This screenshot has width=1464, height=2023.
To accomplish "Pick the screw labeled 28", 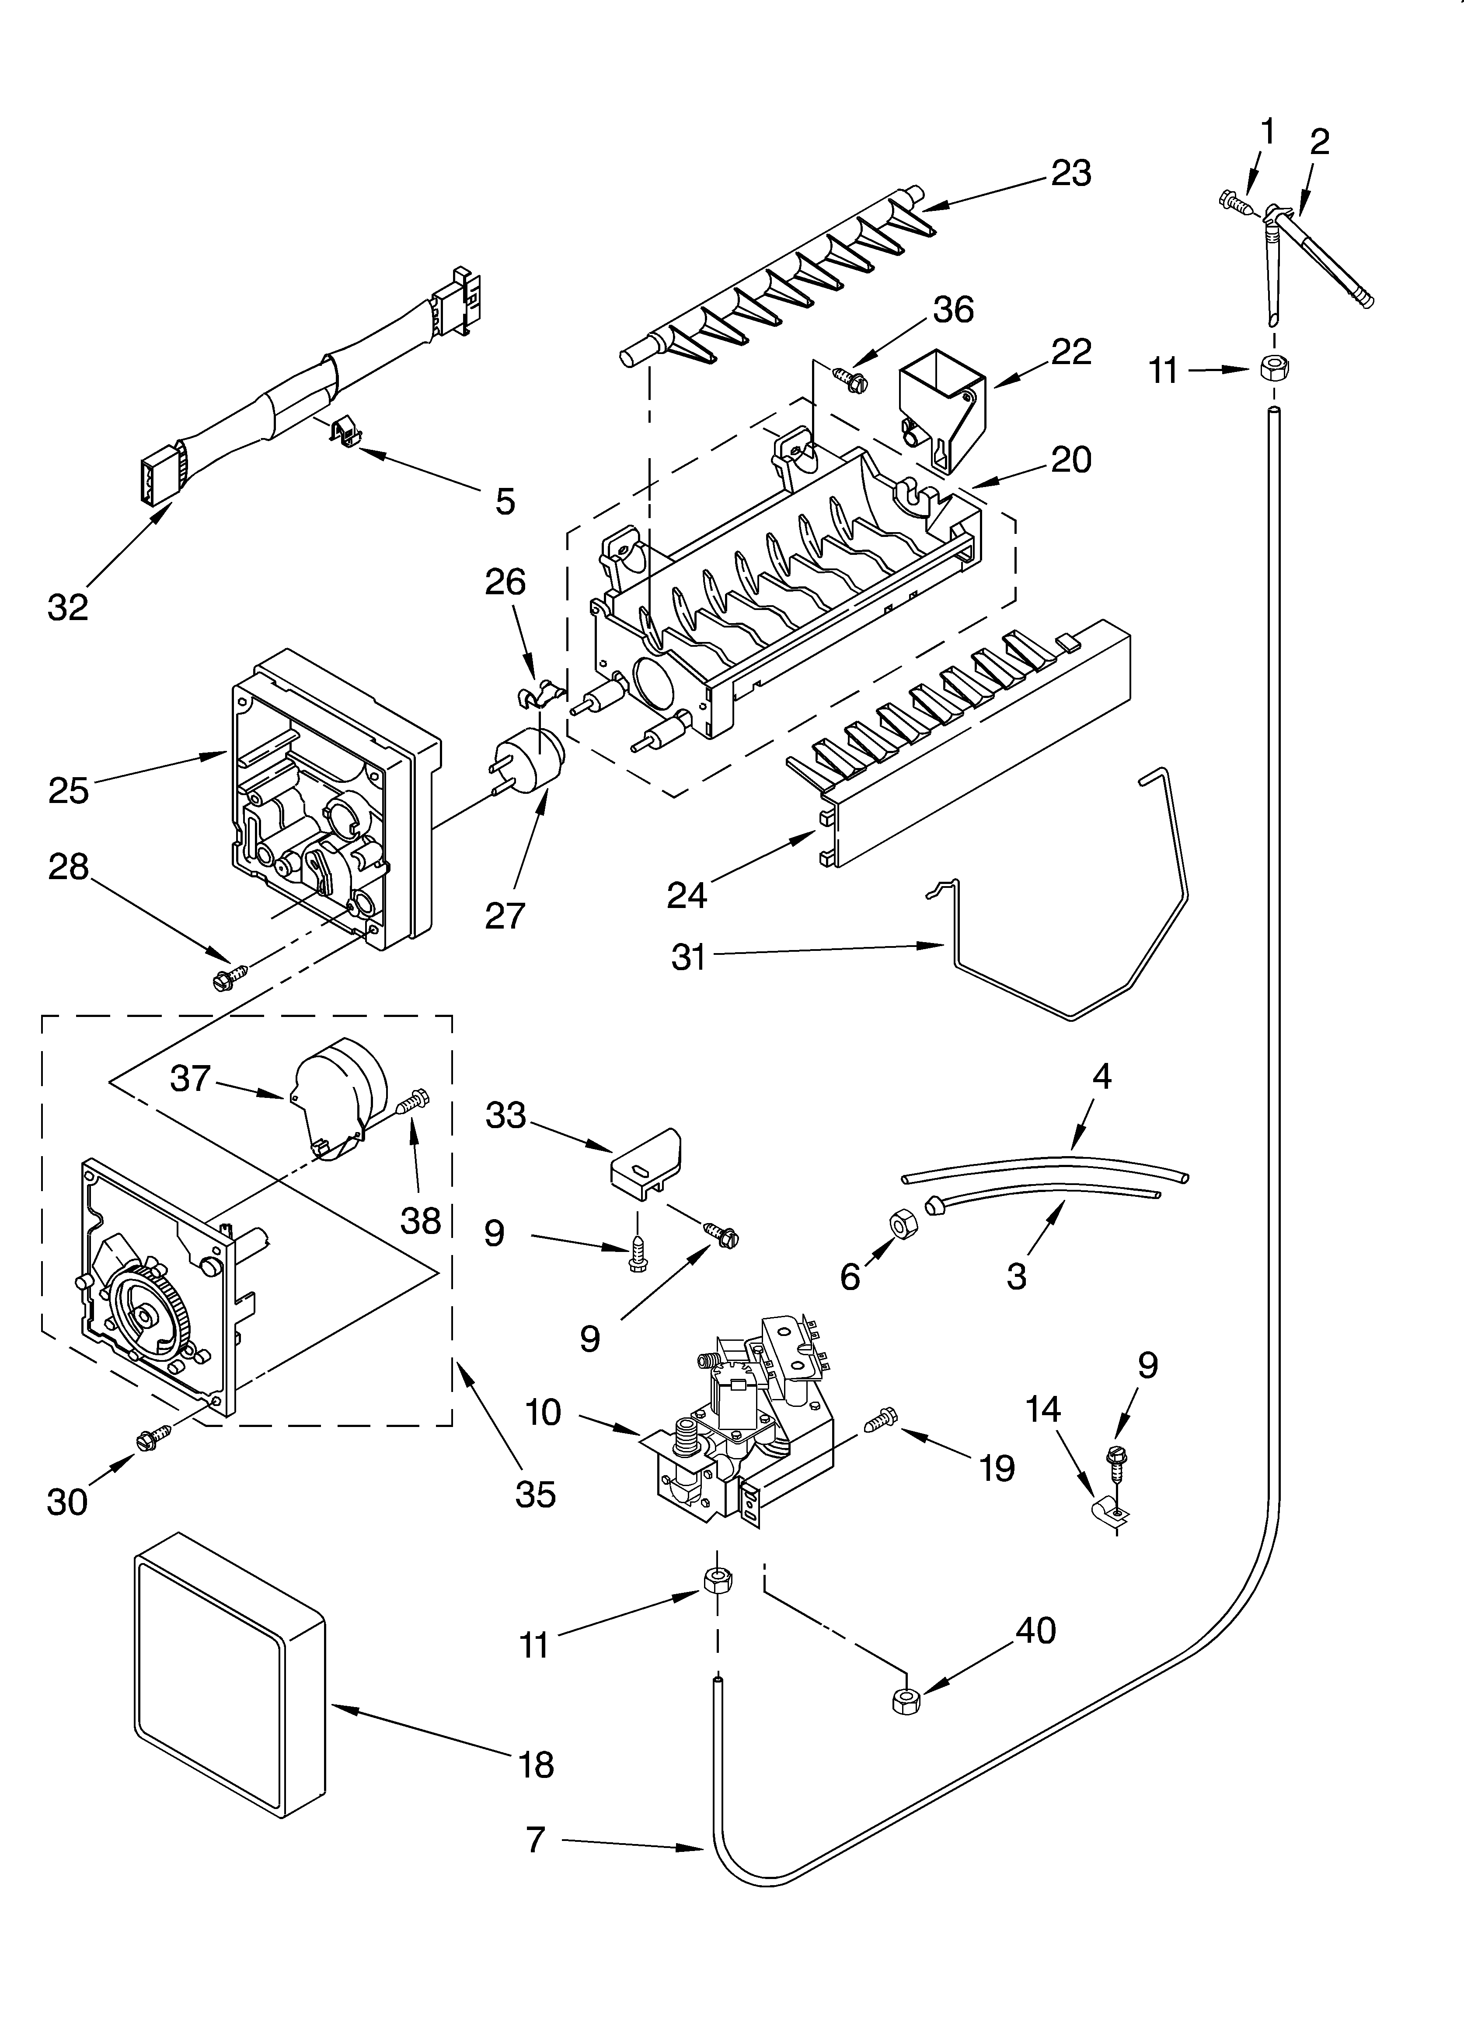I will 228,976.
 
